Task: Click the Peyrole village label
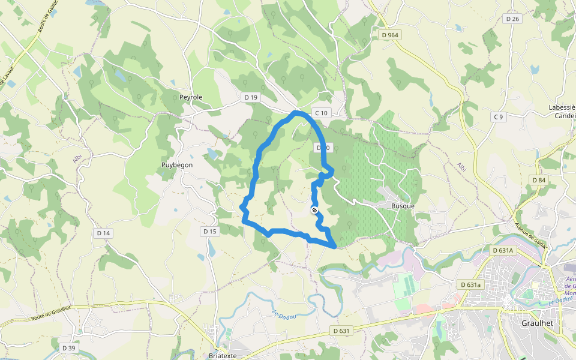click(x=191, y=97)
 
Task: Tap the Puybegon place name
click(x=177, y=164)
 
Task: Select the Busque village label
click(x=403, y=206)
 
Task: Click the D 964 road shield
click(x=389, y=35)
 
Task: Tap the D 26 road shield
click(x=512, y=19)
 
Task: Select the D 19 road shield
click(x=250, y=97)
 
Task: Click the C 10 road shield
click(x=321, y=113)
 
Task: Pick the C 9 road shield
click(x=497, y=116)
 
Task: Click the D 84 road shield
click(x=538, y=180)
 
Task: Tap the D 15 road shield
click(x=209, y=231)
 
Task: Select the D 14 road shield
click(x=103, y=233)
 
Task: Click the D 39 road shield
click(x=68, y=348)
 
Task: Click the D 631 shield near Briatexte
click(x=341, y=331)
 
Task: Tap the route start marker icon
click(x=314, y=209)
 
